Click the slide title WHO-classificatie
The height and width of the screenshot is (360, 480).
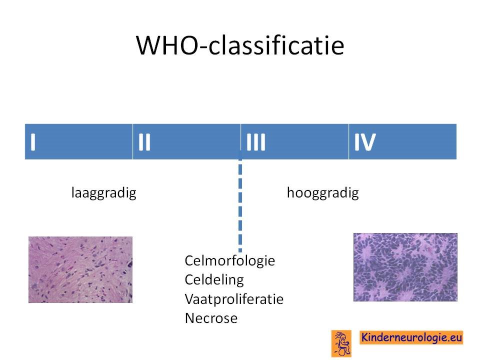[x=240, y=45]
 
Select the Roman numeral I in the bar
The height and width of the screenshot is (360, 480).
[x=33, y=142]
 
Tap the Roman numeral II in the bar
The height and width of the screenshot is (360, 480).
[x=144, y=142]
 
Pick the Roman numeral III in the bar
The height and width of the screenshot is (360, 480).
[x=256, y=142]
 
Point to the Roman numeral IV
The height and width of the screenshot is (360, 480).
[x=365, y=142]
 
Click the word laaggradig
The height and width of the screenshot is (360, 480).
[x=104, y=193]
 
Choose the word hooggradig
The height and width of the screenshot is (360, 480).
[x=322, y=193]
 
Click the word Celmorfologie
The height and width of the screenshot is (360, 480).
[x=230, y=261]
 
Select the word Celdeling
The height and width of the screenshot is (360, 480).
[x=214, y=280]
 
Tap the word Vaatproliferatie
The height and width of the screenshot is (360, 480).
[x=234, y=299]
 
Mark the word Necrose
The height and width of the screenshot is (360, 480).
[x=211, y=318]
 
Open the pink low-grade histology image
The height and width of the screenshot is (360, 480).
[x=80, y=269]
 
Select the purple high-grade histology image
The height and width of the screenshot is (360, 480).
[x=405, y=267]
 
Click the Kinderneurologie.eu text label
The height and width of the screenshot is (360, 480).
[x=411, y=337]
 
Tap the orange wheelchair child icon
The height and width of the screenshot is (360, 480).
[x=341, y=343]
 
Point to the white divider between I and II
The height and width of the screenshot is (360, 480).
[x=132, y=141]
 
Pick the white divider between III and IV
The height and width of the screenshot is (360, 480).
[x=348, y=141]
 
